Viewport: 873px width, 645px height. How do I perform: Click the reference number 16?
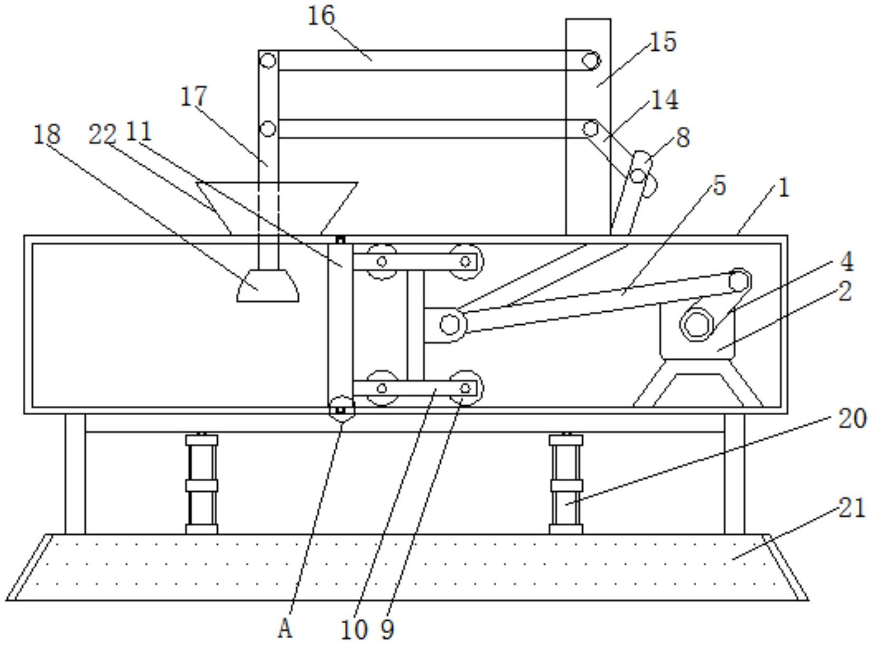pyautogui.click(x=321, y=16)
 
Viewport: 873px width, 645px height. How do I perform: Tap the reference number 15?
pyautogui.click(x=663, y=42)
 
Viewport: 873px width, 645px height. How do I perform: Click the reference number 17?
pyautogui.click(x=193, y=97)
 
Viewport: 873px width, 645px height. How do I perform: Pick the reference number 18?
pyautogui.click(x=47, y=134)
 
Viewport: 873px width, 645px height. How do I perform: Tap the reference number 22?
pyautogui.click(x=103, y=134)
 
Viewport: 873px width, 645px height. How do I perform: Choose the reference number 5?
pyautogui.click(x=719, y=186)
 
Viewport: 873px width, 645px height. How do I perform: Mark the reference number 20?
pyautogui.click(x=852, y=418)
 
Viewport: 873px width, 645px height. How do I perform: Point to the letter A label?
pyautogui.click(x=285, y=629)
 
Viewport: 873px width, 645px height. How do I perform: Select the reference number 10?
pyautogui.click(x=354, y=630)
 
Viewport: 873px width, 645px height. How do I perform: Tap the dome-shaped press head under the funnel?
pyautogui.click(x=267, y=286)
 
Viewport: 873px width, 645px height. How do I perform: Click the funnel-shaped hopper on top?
pyautogui.click(x=277, y=208)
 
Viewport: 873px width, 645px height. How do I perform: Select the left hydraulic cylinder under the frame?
pyautogui.click(x=201, y=484)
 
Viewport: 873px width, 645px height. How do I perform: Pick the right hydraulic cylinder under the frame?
pyautogui.click(x=566, y=484)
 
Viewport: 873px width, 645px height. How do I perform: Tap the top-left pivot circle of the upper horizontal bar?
pyautogui.click(x=267, y=61)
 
